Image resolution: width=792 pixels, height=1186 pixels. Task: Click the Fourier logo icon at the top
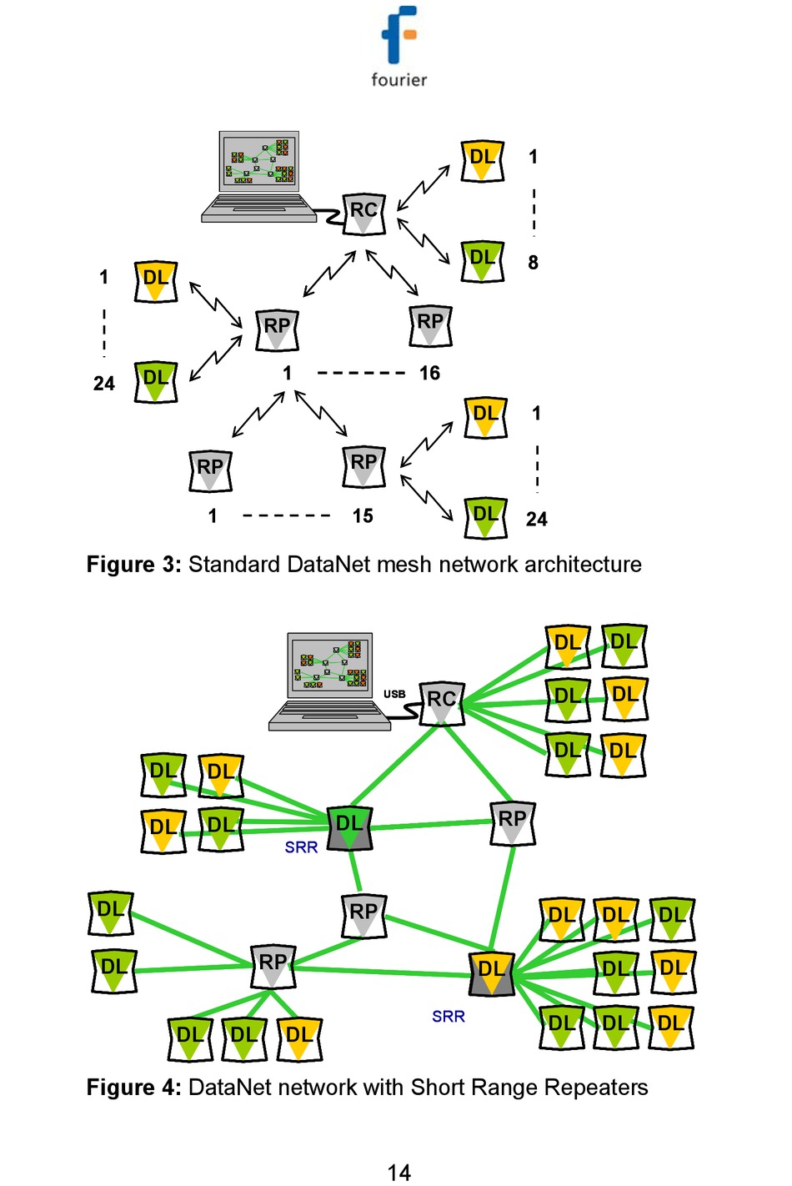[399, 34]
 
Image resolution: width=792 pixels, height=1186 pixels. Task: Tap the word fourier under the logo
[399, 80]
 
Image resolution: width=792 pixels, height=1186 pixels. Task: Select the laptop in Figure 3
[258, 177]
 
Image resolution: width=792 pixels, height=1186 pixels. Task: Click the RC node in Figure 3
[363, 214]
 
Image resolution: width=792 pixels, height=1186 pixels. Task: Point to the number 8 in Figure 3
[533, 263]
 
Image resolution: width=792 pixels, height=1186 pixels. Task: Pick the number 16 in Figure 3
[429, 373]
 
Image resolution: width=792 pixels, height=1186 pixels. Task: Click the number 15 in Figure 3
[363, 516]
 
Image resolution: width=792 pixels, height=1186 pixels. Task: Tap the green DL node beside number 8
[484, 260]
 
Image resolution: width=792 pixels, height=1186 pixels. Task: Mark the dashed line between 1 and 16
[361, 373]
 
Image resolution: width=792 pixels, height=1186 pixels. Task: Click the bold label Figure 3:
[133, 565]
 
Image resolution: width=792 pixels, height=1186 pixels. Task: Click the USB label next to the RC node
[394, 694]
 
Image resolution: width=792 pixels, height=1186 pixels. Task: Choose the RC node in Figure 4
[441, 702]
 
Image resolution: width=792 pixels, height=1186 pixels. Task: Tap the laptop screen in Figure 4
[330, 664]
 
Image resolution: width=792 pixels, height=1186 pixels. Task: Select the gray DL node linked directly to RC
[349, 828]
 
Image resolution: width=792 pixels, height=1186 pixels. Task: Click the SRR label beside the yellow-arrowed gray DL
[449, 1017]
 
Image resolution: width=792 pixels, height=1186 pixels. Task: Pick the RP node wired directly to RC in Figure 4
[512, 823]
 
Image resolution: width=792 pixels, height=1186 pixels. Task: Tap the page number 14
[399, 1173]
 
